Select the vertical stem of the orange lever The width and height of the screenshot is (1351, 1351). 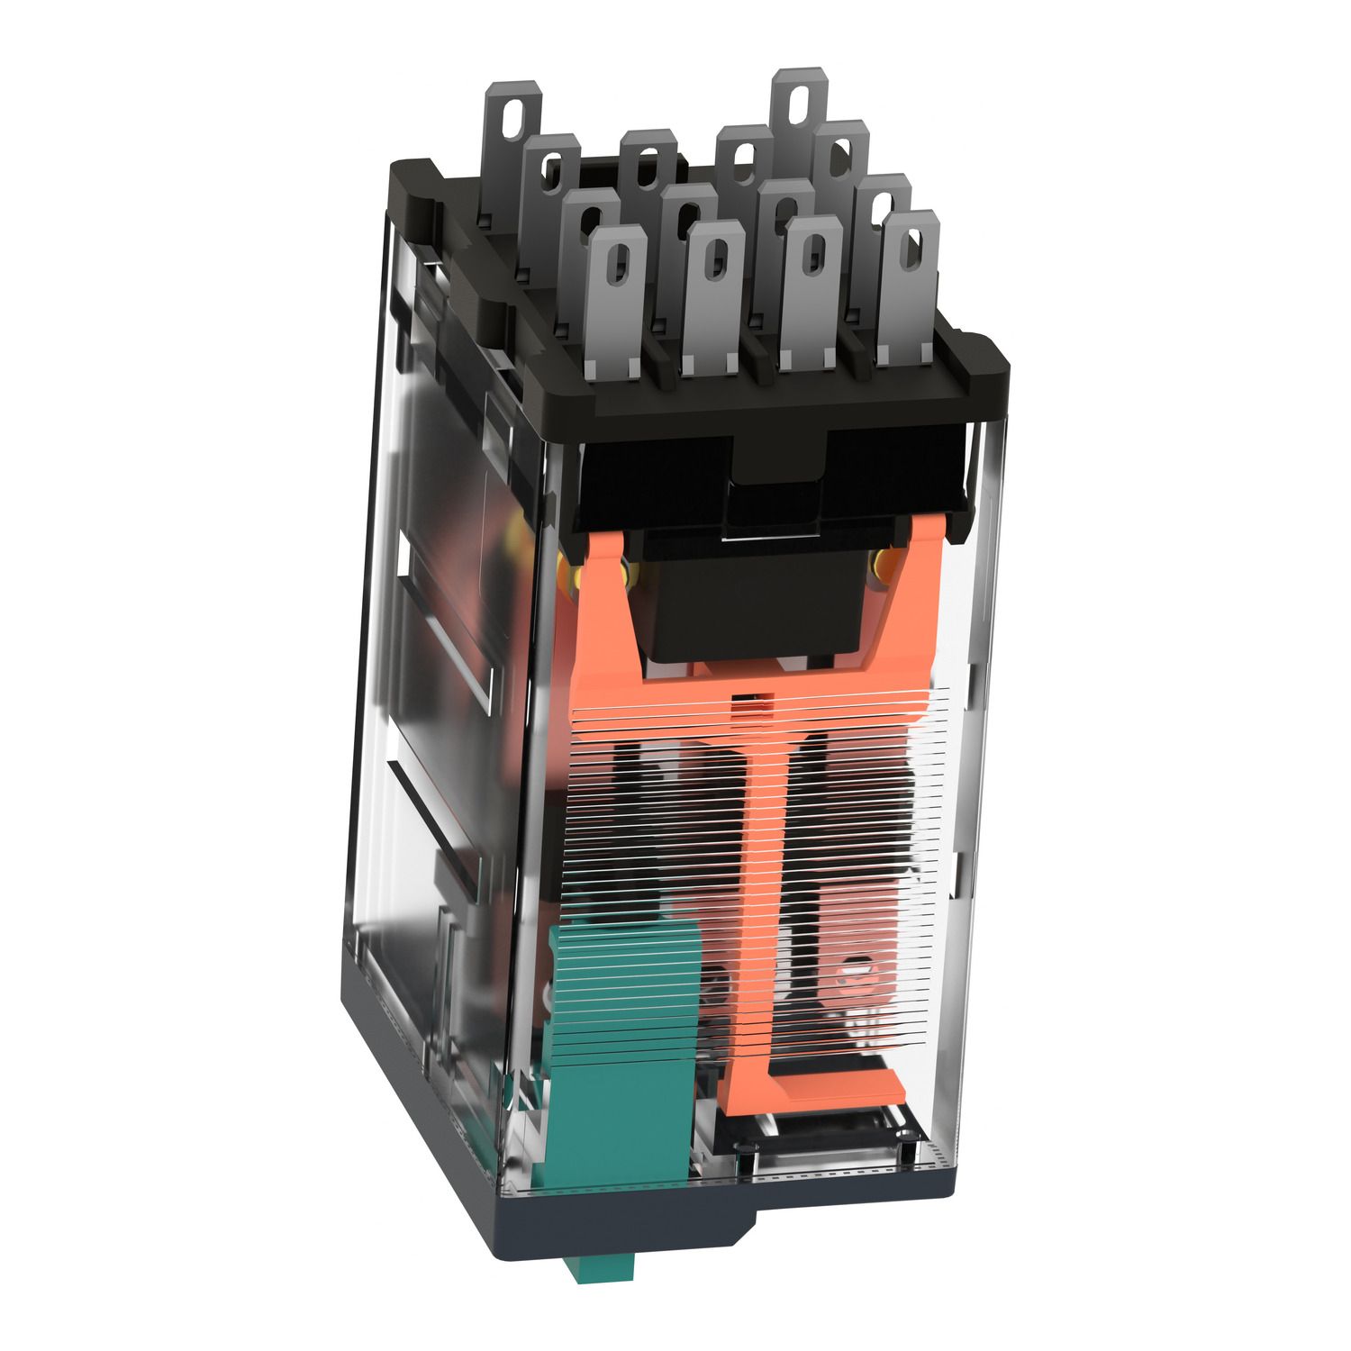pos(766,865)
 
